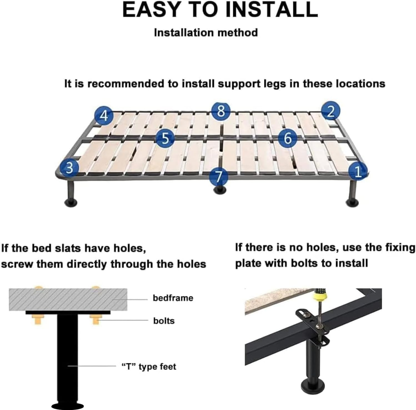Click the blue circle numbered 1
pos(358,172)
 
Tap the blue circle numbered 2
pos(330,111)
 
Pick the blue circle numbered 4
pos(104,115)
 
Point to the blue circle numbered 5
pos(165,138)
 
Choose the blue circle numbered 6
pos(288,138)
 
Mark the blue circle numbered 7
pos(219,177)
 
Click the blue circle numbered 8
pos(221,111)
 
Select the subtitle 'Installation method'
pos(206,33)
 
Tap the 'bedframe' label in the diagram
pos(173,298)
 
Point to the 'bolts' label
pos(164,321)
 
